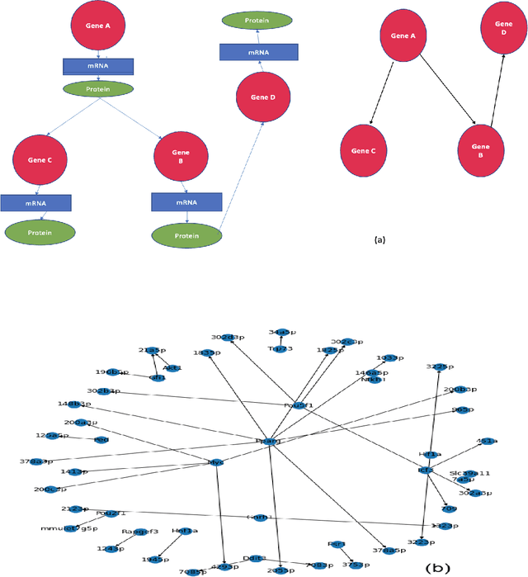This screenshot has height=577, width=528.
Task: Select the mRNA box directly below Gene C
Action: [x=35, y=203]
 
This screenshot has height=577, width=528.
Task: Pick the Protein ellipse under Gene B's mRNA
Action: [x=187, y=234]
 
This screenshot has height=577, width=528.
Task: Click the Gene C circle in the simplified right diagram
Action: [x=363, y=151]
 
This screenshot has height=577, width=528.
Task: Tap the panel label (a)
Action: [x=379, y=239]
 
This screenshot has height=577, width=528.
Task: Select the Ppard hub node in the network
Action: [x=269, y=442]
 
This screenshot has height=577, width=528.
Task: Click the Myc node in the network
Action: [x=217, y=463]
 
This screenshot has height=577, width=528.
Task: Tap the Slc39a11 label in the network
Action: [x=470, y=473]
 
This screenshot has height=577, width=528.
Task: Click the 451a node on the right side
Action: [x=487, y=442]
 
